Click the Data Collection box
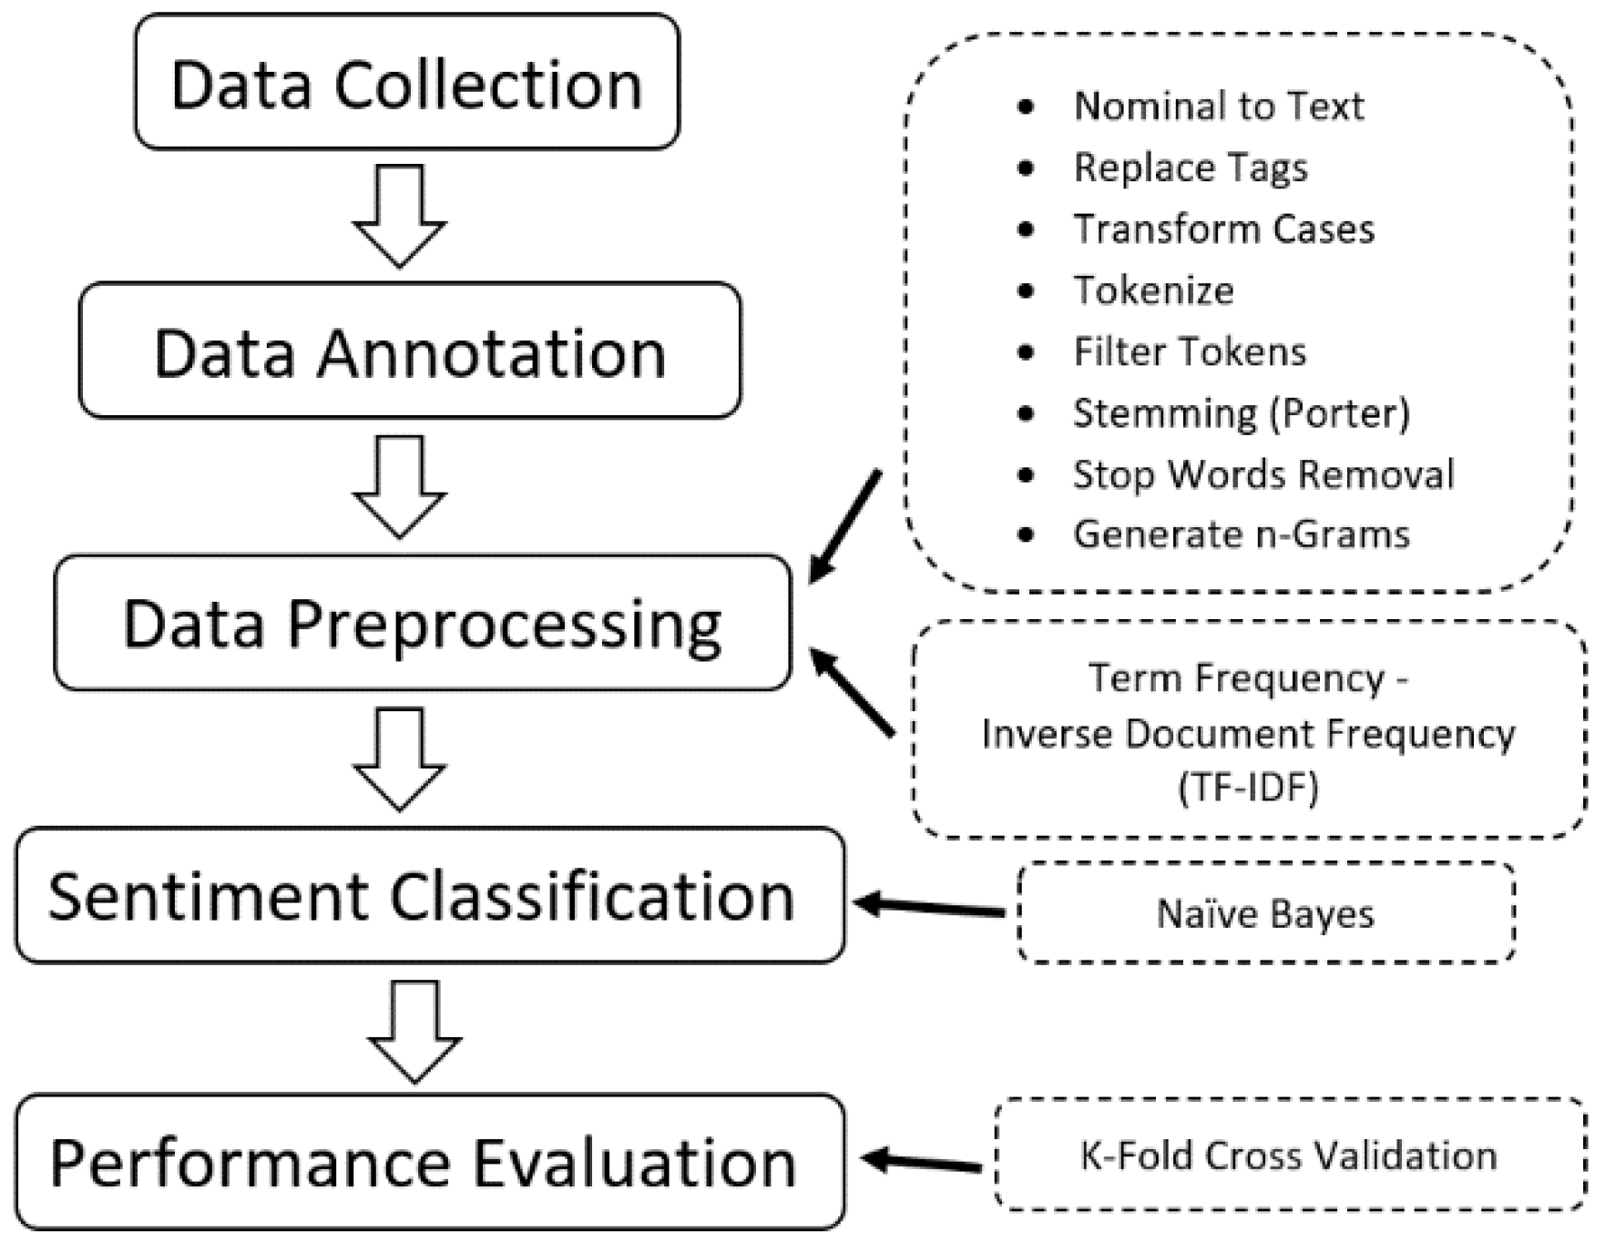pyautogui.click(x=406, y=82)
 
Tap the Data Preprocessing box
pyautogui.click(x=422, y=623)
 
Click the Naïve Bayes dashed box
pyautogui.click(x=1264, y=912)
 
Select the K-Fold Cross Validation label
pyautogui.click(x=1288, y=1155)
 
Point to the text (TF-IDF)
pyautogui.click(x=1248, y=787)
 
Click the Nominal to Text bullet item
pyautogui.click(x=1218, y=107)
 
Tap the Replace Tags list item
pyautogui.click(x=1190, y=168)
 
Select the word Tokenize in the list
pyautogui.click(x=1153, y=290)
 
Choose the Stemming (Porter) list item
pyautogui.click(x=1241, y=413)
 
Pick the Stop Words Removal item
pyautogui.click(x=1263, y=474)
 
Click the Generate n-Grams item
pyautogui.click(x=1241, y=534)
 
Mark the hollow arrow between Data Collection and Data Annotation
pyautogui.click(x=400, y=215)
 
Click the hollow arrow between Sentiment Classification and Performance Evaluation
pyautogui.click(x=414, y=1031)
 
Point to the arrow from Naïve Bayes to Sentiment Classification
pyautogui.click(x=929, y=907)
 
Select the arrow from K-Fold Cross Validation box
pyautogui.click(x=922, y=1162)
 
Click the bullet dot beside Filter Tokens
pyautogui.click(x=1026, y=352)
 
